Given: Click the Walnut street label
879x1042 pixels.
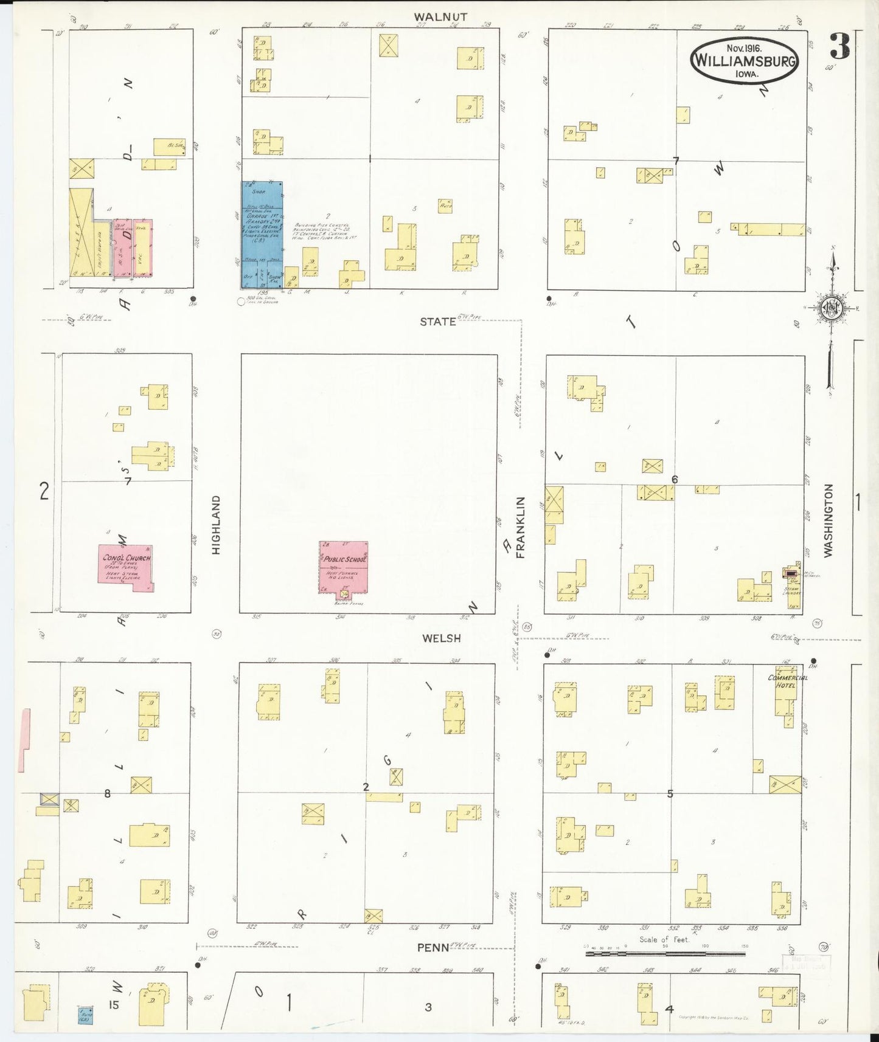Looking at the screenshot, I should [x=440, y=17].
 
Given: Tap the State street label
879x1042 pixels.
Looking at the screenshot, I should [x=438, y=322].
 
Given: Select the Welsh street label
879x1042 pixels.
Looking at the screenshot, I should [x=441, y=638].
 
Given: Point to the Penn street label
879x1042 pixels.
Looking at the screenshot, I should [x=433, y=948].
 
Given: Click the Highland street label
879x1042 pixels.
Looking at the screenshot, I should [x=216, y=524].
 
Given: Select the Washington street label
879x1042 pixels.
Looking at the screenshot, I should [x=828, y=520].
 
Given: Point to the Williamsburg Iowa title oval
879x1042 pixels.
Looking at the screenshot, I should [x=745, y=60].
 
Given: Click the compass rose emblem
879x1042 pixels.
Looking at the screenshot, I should [x=830, y=308].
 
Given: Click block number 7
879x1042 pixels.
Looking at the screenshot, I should [x=676, y=160].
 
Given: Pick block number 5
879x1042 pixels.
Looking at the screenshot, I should [x=670, y=793].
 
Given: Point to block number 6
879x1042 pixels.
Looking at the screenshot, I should [x=674, y=480].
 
